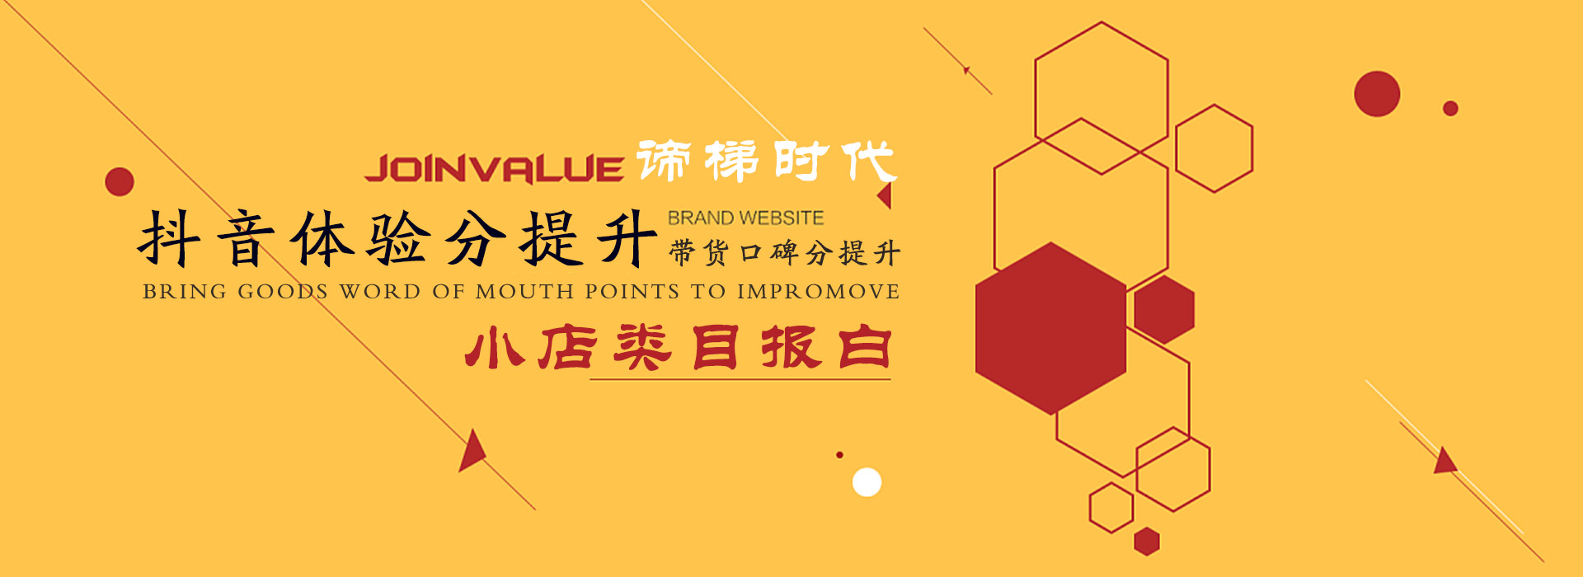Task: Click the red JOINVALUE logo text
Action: coord(494,168)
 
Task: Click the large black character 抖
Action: coord(169,238)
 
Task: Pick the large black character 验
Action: coord(398,238)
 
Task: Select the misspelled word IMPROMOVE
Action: coord(818,291)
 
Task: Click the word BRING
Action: coord(185,291)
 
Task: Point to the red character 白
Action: coord(865,347)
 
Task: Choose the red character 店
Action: coord(568,347)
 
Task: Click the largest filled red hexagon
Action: coord(1051,328)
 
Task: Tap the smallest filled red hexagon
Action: coord(1146,541)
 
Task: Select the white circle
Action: coord(867,481)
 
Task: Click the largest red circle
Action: coord(1377,94)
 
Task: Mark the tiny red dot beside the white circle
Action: coord(839,455)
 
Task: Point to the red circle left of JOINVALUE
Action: coord(120,181)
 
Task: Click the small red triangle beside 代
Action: coord(885,195)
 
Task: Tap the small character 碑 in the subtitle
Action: coord(784,252)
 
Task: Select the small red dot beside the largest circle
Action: coord(1450,108)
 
